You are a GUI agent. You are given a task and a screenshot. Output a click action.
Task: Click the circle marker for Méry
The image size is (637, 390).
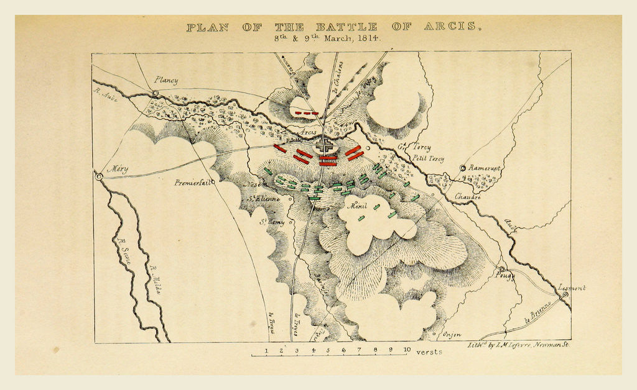[x=98, y=176]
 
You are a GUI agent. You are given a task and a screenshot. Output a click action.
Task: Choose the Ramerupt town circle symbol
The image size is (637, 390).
[x=463, y=168]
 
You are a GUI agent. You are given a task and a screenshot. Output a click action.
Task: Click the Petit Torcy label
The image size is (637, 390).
[x=428, y=160]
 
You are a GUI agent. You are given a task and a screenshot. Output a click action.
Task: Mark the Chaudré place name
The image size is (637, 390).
[x=468, y=197]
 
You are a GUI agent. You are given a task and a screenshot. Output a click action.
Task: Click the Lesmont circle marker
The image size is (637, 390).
[x=565, y=295]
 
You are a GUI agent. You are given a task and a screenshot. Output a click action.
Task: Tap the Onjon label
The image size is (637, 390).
[x=452, y=335]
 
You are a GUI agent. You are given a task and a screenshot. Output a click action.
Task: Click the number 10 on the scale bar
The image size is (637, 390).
[x=406, y=350]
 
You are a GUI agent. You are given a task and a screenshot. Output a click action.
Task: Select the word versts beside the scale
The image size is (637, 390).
[x=429, y=351]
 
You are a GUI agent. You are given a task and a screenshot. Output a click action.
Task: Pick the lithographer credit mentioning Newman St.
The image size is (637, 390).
[x=518, y=343]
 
